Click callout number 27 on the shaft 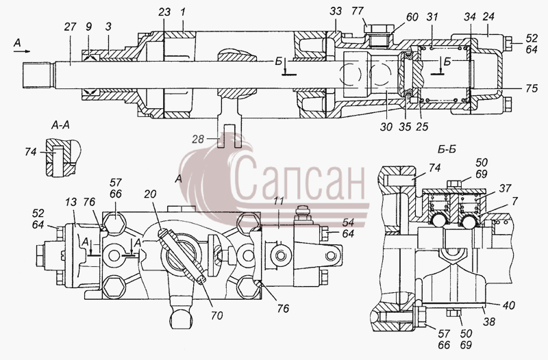click(x=70, y=27)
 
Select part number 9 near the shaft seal click(x=89, y=27)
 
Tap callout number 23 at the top click(x=164, y=12)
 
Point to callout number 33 click(x=336, y=12)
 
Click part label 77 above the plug click(x=358, y=12)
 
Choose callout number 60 click(x=412, y=17)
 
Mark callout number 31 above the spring click(x=433, y=17)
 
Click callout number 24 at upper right click(x=488, y=16)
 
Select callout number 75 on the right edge click(x=532, y=88)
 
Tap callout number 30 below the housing click(x=386, y=127)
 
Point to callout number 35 click(x=405, y=127)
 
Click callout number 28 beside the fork click(x=198, y=140)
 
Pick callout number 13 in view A click(x=71, y=203)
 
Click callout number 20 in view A click(x=150, y=194)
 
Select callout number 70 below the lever click(x=217, y=316)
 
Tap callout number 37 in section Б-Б click(x=505, y=189)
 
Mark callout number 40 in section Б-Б click(x=508, y=305)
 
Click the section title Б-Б click(x=447, y=149)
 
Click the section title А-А click(x=60, y=126)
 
